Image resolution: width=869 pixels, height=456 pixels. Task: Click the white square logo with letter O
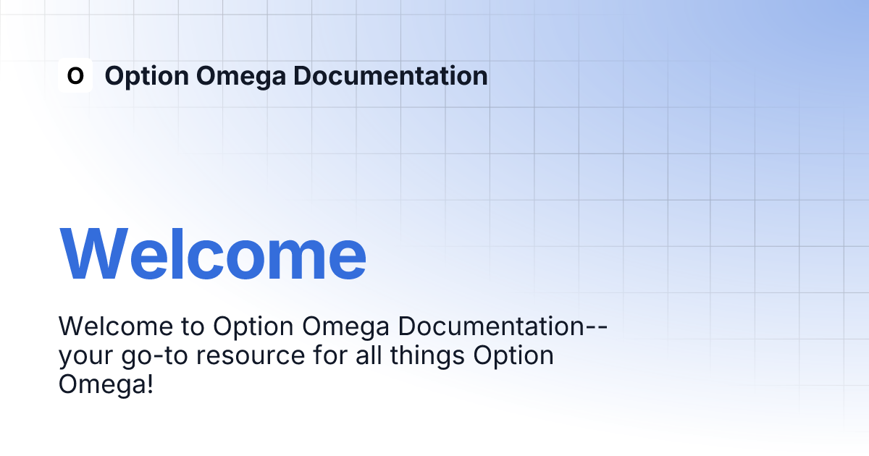(x=75, y=75)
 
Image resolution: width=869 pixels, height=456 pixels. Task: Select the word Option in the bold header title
(x=146, y=77)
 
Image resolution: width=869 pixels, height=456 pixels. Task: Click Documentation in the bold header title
(x=390, y=75)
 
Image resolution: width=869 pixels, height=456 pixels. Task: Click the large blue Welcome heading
(x=213, y=254)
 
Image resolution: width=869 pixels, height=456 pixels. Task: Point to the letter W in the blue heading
(x=93, y=254)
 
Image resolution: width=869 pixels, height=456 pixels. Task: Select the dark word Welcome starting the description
(x=116, y=326)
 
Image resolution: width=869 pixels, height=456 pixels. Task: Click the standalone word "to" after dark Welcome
(x=193, y=327)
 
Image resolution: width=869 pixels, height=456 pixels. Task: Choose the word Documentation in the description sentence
(x=491, y=326)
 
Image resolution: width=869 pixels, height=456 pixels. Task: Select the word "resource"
(x=251, y=357)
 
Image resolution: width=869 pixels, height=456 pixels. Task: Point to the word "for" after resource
(x=330, y=355)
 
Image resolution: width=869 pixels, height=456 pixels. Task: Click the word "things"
(x=427, y=357)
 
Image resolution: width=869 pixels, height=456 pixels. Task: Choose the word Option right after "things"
(x=513, y=357)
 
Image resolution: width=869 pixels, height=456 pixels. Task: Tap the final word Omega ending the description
(x=102, y=386)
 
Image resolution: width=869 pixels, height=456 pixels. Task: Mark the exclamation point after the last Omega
(x=150, y=384)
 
